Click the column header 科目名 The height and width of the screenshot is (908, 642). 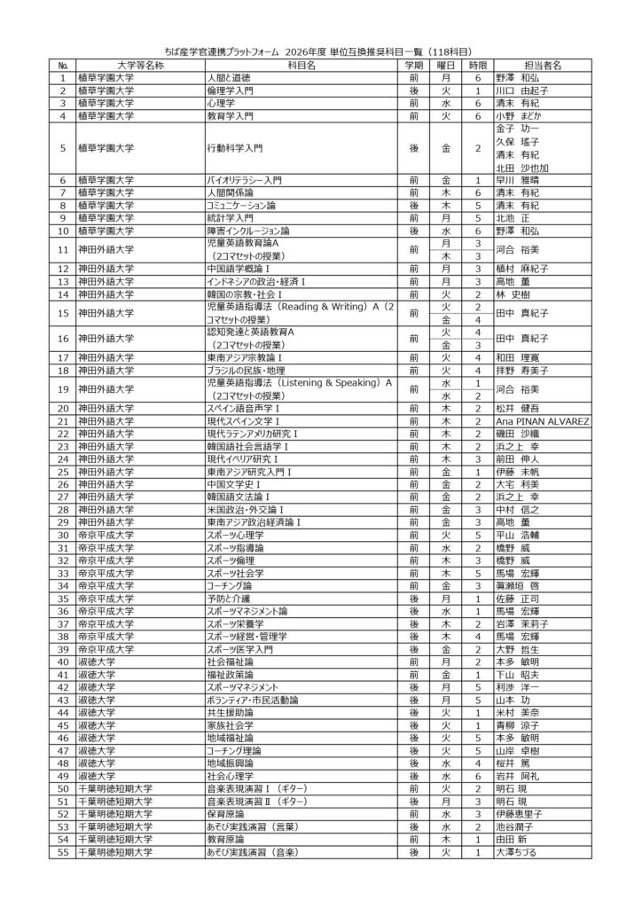302,65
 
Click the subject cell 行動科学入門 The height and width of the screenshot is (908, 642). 235,147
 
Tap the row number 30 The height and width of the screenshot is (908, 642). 63,535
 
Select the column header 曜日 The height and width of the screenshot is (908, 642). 446,65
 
